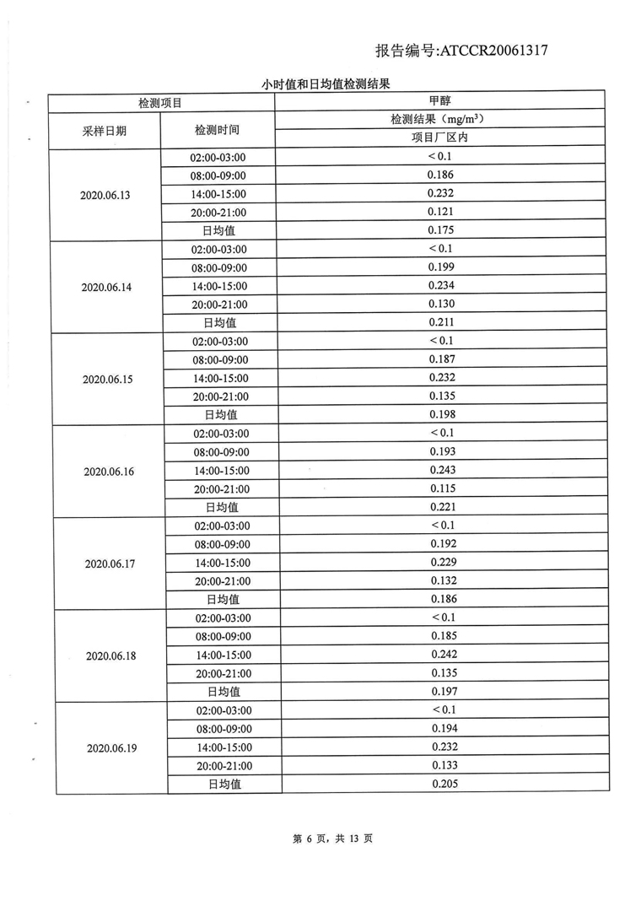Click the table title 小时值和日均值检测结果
[324, 84]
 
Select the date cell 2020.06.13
[105, 194]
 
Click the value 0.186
[441, 175]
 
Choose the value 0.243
[443, 469]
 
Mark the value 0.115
[443, 488]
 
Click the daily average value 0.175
[441, 229]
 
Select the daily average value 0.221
[443, 506]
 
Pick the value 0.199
[441, 267]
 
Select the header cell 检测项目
[160, 102]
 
